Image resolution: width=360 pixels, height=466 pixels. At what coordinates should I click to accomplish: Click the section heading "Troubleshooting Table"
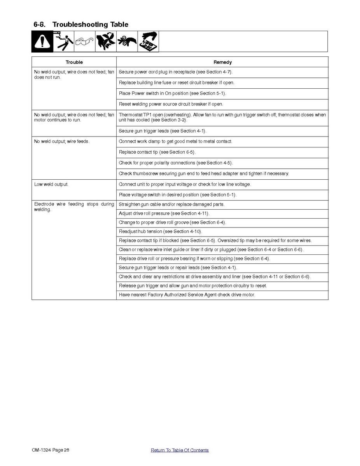coord(90,25)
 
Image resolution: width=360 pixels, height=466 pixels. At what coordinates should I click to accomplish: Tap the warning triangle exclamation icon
coord(42,41)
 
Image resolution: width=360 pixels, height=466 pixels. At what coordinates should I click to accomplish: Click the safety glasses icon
coord(84,41)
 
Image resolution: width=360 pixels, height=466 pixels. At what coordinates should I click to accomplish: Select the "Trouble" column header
coord(74,62)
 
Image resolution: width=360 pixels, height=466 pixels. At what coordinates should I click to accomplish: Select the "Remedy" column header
coord(222,62)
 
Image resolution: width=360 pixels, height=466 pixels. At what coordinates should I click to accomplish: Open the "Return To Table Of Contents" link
coord(180,450)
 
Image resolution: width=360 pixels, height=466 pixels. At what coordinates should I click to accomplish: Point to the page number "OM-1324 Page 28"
coord(51,450)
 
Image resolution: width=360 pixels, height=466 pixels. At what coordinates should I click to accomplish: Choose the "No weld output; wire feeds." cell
coord(62,142)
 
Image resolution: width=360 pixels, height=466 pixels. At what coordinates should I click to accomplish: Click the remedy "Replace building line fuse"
coord(177,83)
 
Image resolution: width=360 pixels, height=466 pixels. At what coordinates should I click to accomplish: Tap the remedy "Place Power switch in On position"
coord(172,93)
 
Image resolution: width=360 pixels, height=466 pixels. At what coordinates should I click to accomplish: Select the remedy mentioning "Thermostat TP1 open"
coord(222,117)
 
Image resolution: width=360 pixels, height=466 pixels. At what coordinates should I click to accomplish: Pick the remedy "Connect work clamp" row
coord(175,142)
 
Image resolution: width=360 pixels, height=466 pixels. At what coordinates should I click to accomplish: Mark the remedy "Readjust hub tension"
coord(160,231)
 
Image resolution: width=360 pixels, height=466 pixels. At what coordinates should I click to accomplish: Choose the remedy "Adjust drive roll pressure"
coord(164,214)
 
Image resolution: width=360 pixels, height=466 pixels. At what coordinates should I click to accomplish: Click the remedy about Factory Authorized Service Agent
coord(187,295)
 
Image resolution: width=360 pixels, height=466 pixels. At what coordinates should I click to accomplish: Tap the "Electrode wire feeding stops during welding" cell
coord(74,207)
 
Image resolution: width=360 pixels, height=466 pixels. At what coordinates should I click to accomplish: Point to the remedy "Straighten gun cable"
coord(171,205)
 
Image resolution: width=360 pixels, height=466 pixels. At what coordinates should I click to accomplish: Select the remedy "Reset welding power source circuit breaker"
coord(171,104)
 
